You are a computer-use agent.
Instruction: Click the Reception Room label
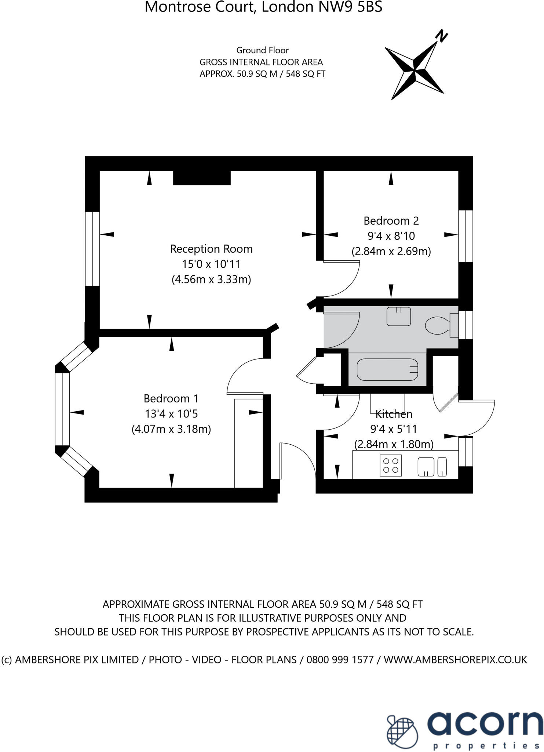tap(211, 249)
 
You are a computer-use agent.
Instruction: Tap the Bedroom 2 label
tap(391, 221)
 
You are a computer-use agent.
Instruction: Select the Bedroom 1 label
tap(171, 398)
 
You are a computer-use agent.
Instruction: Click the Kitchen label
tap(394, 414)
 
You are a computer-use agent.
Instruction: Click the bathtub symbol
tap(387, 370)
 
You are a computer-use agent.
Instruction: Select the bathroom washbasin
tap(399, 316)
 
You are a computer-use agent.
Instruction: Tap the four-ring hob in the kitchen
tap(391, 465)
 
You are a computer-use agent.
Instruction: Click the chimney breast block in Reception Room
tap(202, 178)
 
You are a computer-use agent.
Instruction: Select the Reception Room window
tap(92, 249)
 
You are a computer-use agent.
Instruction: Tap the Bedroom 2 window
tap(465, 236)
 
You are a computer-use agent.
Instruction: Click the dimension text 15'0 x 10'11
tap(211, 264)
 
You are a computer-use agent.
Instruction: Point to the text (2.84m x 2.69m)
tap(391, 252)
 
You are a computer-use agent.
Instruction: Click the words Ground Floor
tap(262, 50)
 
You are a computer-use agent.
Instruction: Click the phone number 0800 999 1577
tap(340, 660)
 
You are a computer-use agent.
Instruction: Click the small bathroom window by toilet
tap(465, 325)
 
